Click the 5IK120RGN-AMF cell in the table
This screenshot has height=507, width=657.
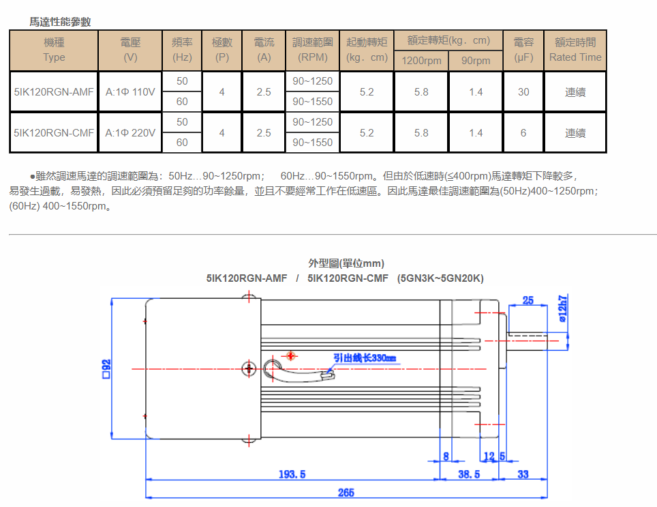pos(54,91)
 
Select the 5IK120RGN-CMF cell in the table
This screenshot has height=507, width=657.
pos(54,132)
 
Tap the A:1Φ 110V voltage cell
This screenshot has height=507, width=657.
pos(130,91)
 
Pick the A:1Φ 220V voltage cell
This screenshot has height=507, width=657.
pos(130,132)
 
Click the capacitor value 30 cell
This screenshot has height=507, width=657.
pos(523,91)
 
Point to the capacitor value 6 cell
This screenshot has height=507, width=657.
pos(523,132)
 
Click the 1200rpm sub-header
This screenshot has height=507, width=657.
pos(421,61)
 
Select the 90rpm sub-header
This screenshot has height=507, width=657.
pos(476,61)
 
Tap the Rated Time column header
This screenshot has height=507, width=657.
pos(575,50)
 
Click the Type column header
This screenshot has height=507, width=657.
pos(54,50)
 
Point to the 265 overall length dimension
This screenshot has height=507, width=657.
pos(346,492)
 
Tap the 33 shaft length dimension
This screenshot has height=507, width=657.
pos(523,474)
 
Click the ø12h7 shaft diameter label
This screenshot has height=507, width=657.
pos(564,308)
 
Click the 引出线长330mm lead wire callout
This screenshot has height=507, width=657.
pos(364,358)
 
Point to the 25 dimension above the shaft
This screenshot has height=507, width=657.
pos(528,300)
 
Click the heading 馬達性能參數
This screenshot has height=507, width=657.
pos(60,22)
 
